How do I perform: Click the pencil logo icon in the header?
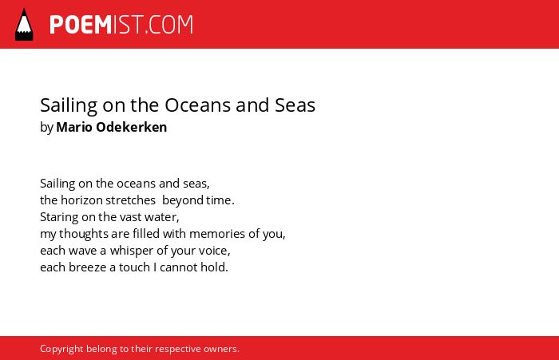pyautogui.click(x=24, y=24)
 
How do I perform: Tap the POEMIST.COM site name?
pyautogui.click(x=121, y=25)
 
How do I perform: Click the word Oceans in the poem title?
pyautogui.click(x=197, y=105)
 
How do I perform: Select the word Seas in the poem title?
pyautogui.click(x=295, y=105)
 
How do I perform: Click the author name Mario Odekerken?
pyautogui.click(x=112, y=127)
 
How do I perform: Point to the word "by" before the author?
pyautogui.click(x=46, y=128)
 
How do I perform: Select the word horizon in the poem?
pyautogui.click(x=82, y=200)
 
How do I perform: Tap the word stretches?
pyautogui.click(x=130, y=200)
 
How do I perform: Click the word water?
pyautogui.click(x=162, y=217)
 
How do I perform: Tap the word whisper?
pyautogui.click(x=132, y=251)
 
